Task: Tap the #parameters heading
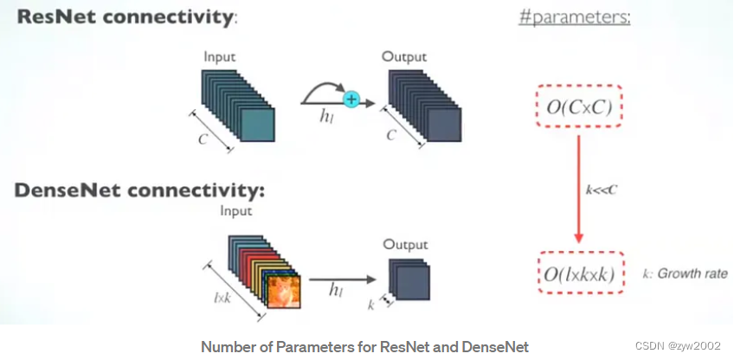coord(574,17)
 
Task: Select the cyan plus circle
coord(351,100)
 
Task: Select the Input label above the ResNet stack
coord(220,57)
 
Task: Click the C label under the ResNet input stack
coord(202,138)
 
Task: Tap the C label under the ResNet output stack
coord(391,136)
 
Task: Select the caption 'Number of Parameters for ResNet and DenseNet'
coord(364,346)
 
